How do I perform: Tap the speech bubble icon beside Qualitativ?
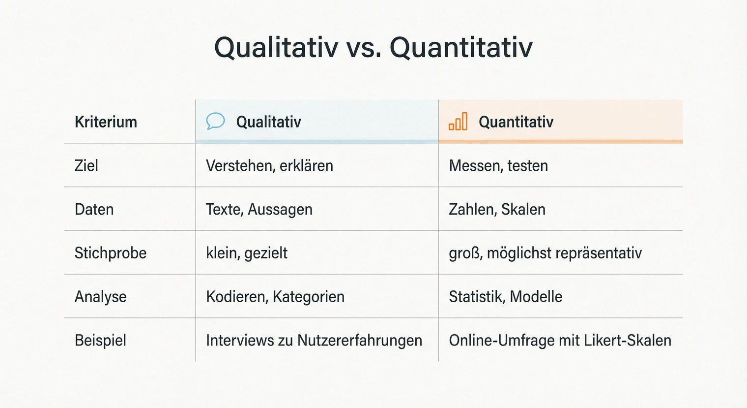tap(215, 121)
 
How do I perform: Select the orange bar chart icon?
tap(458, 122)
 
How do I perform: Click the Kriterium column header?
tap(106, 122)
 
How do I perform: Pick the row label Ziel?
tap(86, 165)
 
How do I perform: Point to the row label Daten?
tap(94, 209)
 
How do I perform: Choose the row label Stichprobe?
tap(111, 253)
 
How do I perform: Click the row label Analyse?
tap(100, 297)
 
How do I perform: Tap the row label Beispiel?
tap(100, 340)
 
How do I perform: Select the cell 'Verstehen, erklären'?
tap(269, 165)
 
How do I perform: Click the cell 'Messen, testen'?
tap(498, 165)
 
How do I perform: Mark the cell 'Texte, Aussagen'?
tap(259, 209)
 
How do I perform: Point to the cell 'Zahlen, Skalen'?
tap(497, 209)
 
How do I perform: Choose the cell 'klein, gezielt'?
tap(247, 253)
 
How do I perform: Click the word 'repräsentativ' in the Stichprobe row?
tap(605, 253)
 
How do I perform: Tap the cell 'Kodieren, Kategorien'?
tap(275, 297)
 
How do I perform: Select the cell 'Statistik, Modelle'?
tap(505, 297)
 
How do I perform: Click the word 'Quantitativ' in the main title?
tap(461, 48)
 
